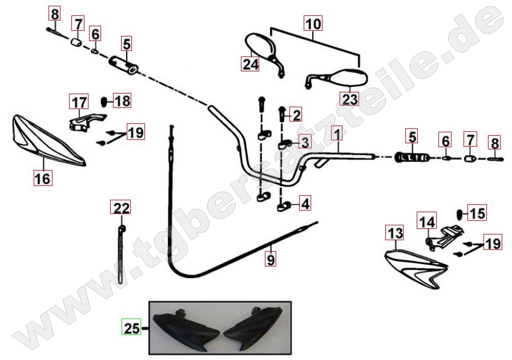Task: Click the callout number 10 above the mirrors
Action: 313,24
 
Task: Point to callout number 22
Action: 122,208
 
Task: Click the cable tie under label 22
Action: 121,253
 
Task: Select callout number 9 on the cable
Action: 271,260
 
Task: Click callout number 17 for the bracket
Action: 80,102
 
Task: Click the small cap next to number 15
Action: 461,214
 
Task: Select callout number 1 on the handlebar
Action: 337,134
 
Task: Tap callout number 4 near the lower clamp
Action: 305,203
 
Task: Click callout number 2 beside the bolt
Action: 296,115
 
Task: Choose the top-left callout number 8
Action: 55,15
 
